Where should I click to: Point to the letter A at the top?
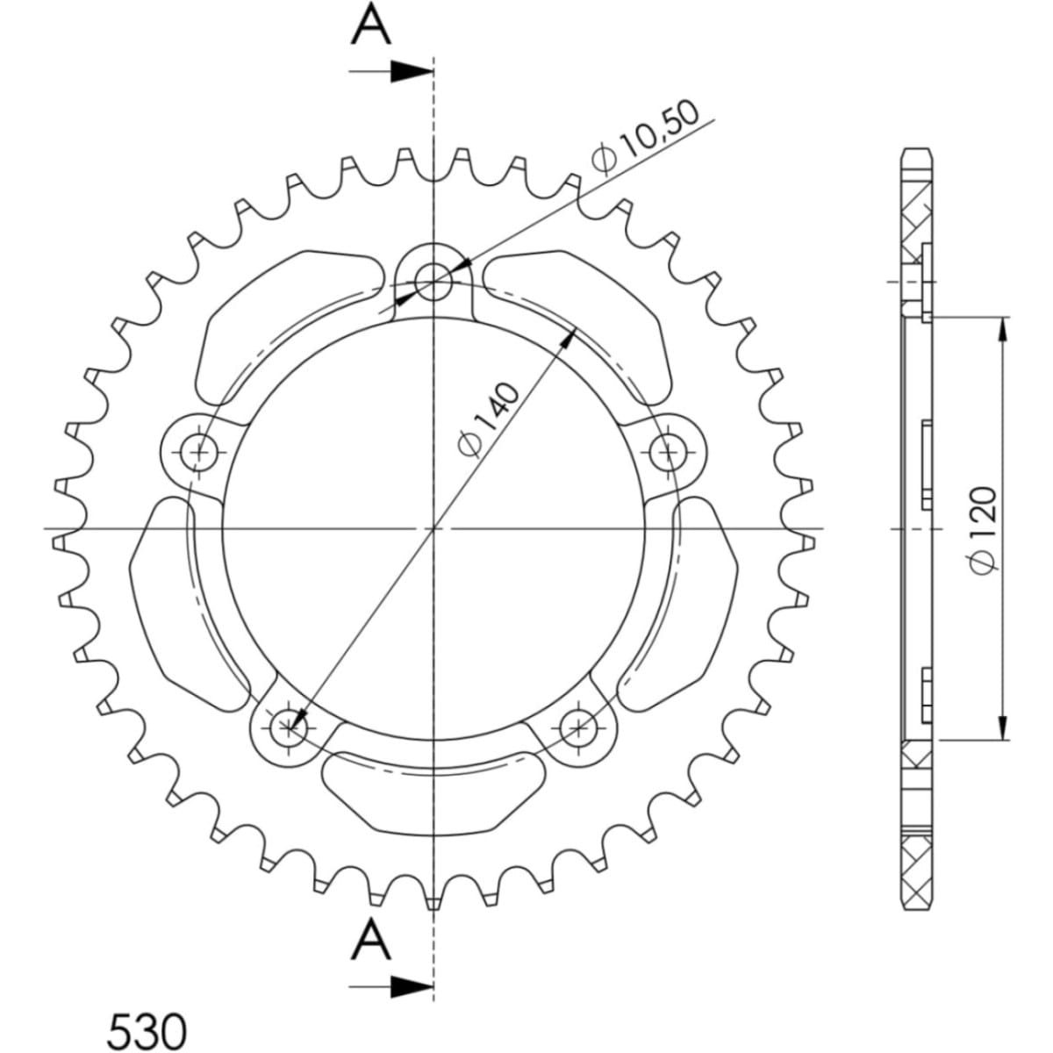pyautogui.click(x=370, y=26)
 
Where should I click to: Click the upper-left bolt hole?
pyautogui.click(x=200, y=453)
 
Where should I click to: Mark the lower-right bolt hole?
pyautogui.click(x=579, y=725)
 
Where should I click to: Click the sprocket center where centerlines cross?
pyautogui.click(x=433, y=528)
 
